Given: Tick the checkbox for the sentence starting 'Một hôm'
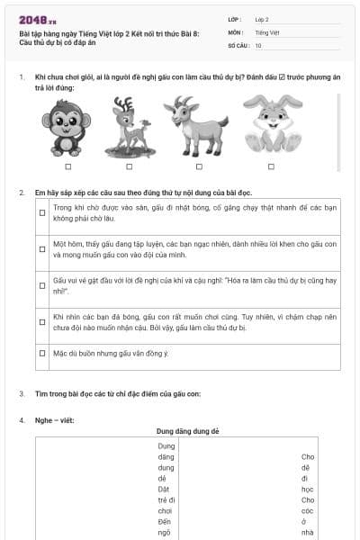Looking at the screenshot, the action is (42, 249).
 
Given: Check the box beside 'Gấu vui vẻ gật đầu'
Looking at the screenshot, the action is (42, 285).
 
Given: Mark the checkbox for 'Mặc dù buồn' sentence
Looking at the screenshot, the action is (42, 354).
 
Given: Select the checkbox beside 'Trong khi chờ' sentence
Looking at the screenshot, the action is (42, 213).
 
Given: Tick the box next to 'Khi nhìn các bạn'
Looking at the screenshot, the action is (42, 321).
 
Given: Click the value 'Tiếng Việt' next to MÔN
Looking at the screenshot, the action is (267, 31).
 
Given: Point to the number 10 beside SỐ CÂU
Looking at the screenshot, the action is (258, 45).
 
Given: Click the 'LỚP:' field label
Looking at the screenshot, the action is (234, 18).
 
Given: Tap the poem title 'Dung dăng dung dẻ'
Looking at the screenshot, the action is (187, 432).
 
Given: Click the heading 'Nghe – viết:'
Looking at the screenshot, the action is (56, 420).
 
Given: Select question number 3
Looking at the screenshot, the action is (22, 394).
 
